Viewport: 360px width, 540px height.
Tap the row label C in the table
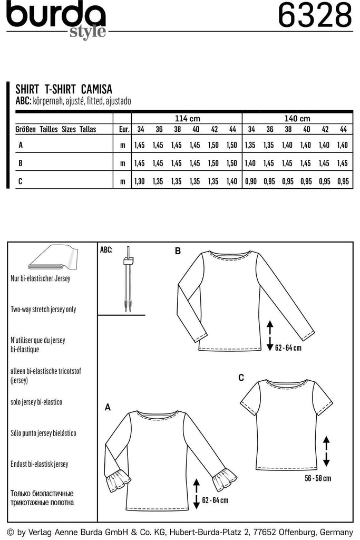pos(20,181)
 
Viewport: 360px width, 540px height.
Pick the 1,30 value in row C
pos(140,181)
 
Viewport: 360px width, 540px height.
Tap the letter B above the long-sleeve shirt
pos(178,252)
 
